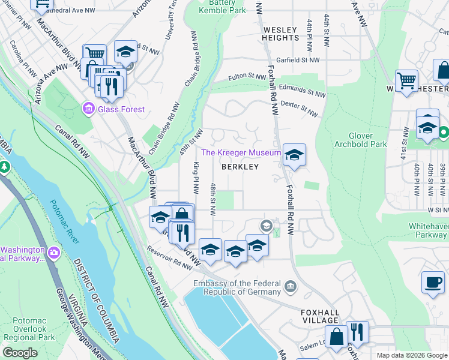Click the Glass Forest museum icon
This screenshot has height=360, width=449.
[88, 109]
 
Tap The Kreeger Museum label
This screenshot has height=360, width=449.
[241, 153]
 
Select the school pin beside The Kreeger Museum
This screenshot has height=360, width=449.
[294, 155]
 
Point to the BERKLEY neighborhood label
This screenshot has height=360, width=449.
[240, 167]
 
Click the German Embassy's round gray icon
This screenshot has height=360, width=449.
[291, 285]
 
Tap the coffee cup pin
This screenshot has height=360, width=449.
[433, 282]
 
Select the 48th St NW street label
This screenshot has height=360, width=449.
[212, 200]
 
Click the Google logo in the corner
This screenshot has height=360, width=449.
[20, 353]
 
